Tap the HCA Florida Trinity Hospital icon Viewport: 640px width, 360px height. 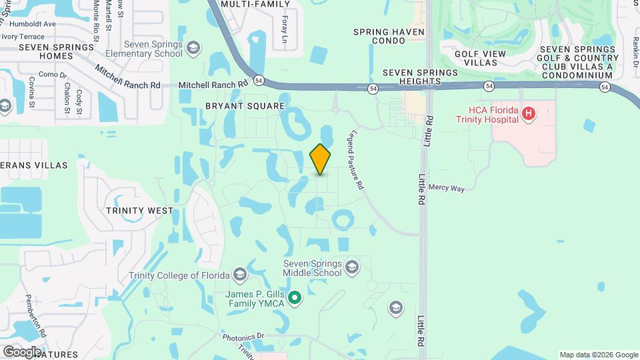point(529,114)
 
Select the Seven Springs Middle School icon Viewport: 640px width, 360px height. point(352,268)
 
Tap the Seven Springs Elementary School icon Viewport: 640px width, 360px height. point(193,48)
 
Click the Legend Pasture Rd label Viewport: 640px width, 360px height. point(354,159)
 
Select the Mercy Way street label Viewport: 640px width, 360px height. point(447,189)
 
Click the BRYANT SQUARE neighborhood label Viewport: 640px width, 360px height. point(245,106)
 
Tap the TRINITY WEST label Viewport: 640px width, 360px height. point(139,210)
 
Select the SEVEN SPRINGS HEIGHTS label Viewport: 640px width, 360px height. point(420,77)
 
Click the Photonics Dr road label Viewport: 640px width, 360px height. point(243,337)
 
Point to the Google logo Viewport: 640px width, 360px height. point(23,351)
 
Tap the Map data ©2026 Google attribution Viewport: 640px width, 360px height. point(598,355)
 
